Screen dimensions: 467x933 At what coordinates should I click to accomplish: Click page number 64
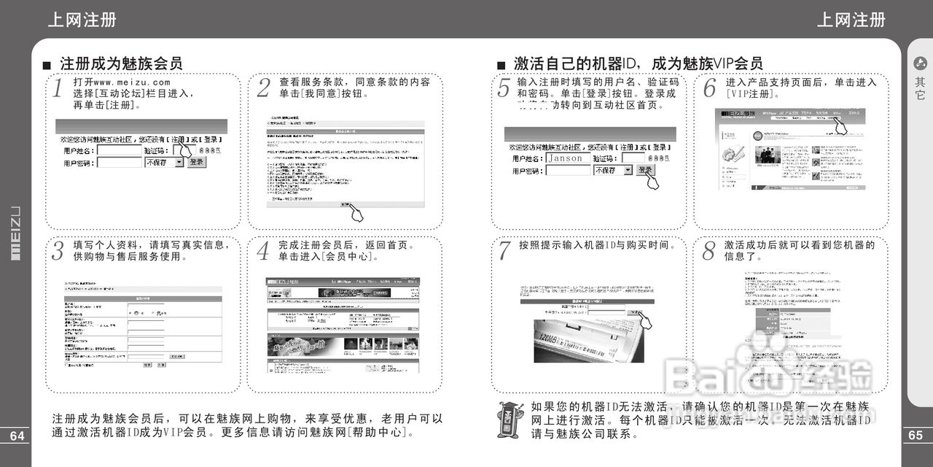pos(17,436)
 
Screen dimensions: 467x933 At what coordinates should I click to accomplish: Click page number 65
pos(916,436)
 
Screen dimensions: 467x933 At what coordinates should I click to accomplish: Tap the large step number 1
pos(58,89)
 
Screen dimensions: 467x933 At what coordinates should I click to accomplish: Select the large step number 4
pos(263,252)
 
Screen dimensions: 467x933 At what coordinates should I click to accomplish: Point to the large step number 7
pos(504,251)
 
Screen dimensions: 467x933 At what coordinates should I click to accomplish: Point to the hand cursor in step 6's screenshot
pos(840,126)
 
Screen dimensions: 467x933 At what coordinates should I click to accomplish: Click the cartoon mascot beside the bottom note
pos(510,419)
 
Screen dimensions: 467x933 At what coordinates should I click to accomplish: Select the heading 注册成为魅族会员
pos(121,63)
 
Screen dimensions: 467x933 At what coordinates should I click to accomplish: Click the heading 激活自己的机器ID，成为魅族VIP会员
pos(638,63)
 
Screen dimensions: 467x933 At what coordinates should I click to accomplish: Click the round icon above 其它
pos(920,63)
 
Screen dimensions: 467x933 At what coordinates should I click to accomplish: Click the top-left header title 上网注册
pos(82,20)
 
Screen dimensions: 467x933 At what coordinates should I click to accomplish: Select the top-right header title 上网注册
pos(851,20)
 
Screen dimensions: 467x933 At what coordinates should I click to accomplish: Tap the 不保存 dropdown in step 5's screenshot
pos(612,170)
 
